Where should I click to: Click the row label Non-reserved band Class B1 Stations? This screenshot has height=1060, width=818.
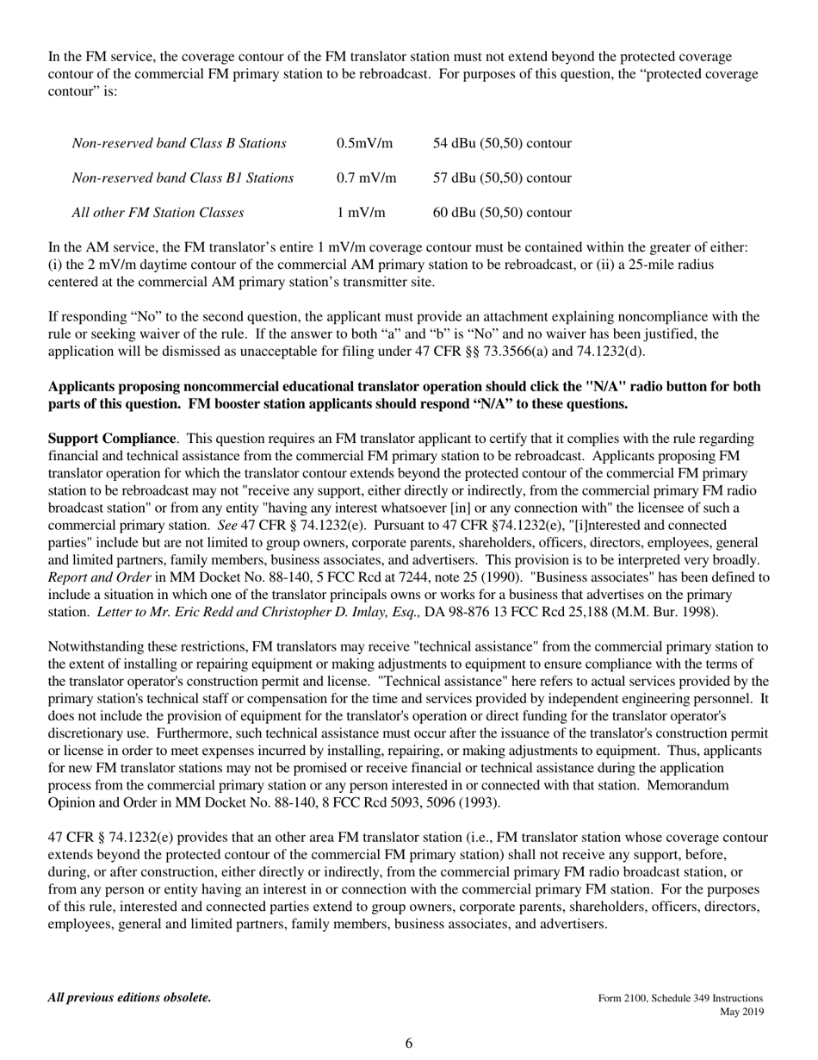point(183,178)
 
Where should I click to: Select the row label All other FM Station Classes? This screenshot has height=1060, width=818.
point(158,212)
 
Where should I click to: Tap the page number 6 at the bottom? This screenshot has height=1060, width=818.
point(409,1044)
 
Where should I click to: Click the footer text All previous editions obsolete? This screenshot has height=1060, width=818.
point(129,997)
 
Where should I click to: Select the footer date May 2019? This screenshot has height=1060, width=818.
point(741,1011)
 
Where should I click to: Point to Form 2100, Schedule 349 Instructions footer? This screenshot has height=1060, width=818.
point(680,997)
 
